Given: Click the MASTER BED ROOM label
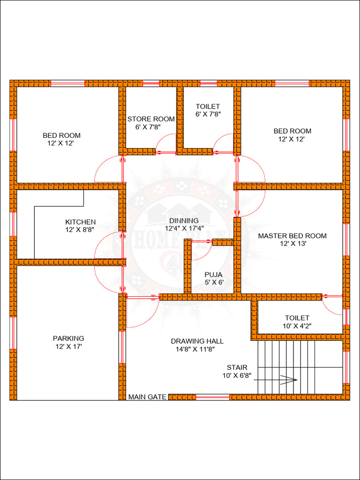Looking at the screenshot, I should point(292,236).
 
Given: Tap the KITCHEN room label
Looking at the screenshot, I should point(80,222).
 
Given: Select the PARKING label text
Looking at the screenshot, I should point(68,338).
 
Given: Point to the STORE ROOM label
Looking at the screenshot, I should point(151,119).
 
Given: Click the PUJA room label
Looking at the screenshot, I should point(213,275).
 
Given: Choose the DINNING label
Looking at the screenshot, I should point(184,220).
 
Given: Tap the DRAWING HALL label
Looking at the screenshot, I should point(197,341).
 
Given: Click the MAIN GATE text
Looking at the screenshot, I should point(148,397).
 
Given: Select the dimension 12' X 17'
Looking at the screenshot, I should point(68,346).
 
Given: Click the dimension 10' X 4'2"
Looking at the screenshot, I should point(297,325).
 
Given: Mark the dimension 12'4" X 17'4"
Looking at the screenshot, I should point(184,228).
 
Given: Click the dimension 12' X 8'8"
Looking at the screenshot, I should point(80,230).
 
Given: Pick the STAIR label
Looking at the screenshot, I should point(237,367).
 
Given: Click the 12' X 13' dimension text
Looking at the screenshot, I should point(292,244).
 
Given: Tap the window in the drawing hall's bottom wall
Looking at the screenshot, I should point(212,397).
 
